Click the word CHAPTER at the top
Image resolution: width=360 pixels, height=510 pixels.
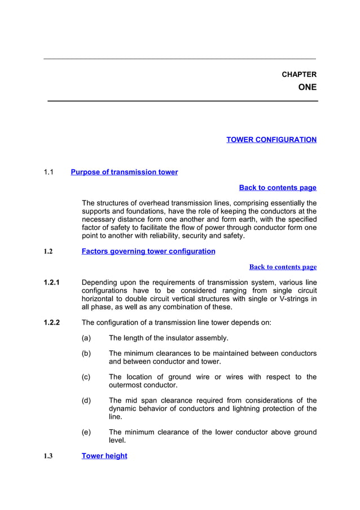[x=298, y=75]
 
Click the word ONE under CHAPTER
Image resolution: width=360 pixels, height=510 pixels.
[x=307, y=88]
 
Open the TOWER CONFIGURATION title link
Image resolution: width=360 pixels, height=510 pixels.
[x=271, y=140]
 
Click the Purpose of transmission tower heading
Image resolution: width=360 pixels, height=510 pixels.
[x=124, y=172]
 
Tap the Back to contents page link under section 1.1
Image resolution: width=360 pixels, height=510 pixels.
[x=278, y=188]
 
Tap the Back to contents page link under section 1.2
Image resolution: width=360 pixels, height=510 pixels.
[x=283, y=267]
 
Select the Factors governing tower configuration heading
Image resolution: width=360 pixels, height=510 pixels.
[x=148, y=251]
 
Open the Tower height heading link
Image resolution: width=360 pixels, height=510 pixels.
[x=104, y=456]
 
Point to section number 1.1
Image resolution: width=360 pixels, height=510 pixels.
[x=49, y=172]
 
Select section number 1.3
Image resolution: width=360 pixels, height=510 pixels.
[x=48, y=456]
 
